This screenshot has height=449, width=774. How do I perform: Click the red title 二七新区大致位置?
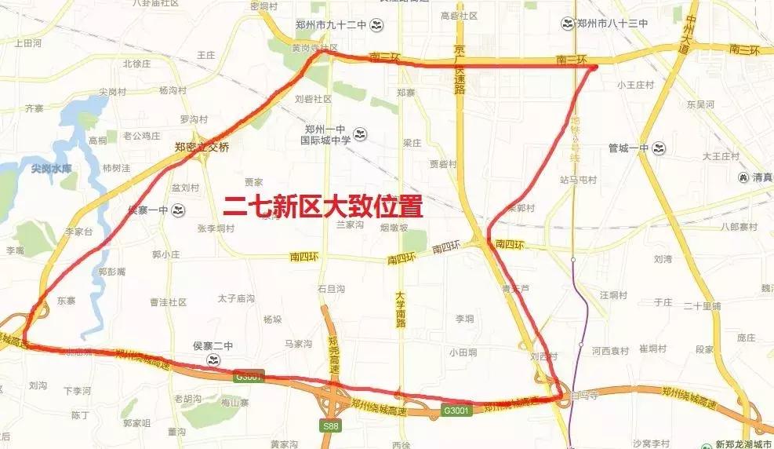point(323,206)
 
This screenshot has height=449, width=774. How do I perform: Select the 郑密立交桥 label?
point(202,146)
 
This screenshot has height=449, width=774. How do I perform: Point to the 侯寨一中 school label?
point(149,210)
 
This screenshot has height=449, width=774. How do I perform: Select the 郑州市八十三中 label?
point(611,24)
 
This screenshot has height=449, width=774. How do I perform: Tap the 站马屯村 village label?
point(578,180)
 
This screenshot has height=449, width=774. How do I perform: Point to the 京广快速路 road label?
point(460,69)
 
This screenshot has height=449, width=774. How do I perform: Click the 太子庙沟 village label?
point(236,298)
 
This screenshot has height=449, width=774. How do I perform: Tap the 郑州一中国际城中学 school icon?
point(361,134)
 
